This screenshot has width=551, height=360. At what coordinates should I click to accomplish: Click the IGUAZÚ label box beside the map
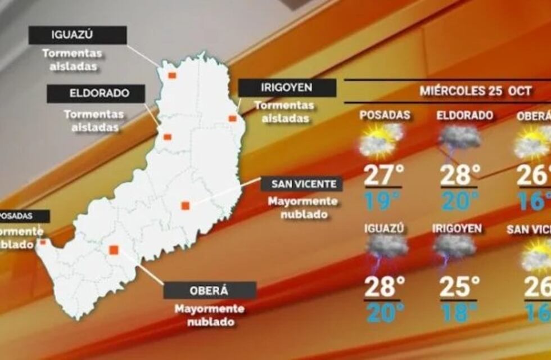click(x=78, y=35)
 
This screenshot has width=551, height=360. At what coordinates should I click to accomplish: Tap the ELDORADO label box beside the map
click(x=96, y=93)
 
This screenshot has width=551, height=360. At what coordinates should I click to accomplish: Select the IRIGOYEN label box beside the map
click(x=287, y=88)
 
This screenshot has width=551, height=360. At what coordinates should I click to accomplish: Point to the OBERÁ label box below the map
click(x=210, y=290)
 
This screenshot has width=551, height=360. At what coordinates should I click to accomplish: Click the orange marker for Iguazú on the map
click(x=172, y=75)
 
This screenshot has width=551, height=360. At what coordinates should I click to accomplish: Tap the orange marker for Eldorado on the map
click(x=167, y=136)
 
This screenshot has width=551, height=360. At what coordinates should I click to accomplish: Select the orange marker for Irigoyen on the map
click(x=232, y=118)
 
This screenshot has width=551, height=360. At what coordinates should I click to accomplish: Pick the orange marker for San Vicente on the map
click(x=185, y=205)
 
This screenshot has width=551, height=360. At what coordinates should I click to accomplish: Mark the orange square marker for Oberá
click(x=114, y=250)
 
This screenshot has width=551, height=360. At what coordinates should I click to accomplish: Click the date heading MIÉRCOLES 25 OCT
click(x=476, y=91)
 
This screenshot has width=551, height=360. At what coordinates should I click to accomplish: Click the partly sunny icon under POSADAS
click(x=381, y=139)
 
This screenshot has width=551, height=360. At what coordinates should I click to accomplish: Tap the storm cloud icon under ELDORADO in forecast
click(x=459, y=138)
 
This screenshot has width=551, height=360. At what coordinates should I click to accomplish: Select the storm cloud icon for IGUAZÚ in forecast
click(x=386, y=247)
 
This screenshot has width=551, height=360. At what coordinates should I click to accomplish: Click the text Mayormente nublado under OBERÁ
click(x=210, y=315)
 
